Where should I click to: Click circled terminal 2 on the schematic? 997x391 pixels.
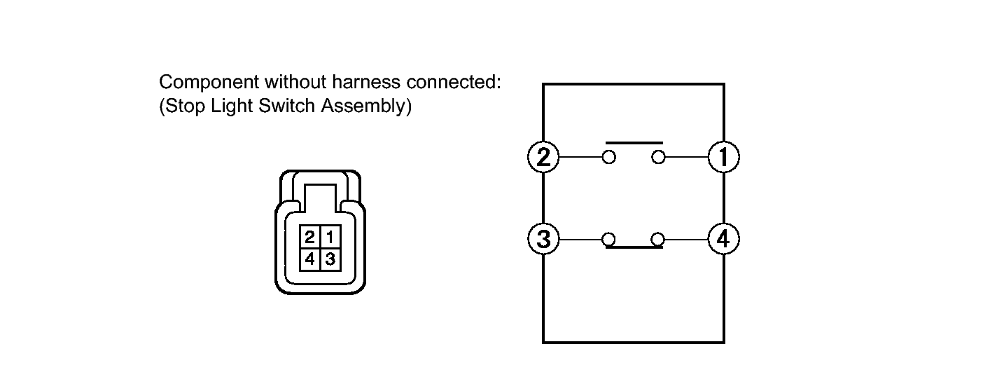click(x=543, y=157)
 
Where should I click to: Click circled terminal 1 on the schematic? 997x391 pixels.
click(x=724, y=157)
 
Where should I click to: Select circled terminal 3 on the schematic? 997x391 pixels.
click(x=543, y=239)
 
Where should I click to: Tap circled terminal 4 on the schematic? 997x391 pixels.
click(x=724, y=239)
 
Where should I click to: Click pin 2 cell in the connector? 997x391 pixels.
click(x=309, y=237)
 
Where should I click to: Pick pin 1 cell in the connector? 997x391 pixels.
click(x=330, y=237)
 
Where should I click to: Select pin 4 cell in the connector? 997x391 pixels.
click(x=309, y=259)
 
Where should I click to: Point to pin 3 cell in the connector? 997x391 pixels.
click(x=330, y=259)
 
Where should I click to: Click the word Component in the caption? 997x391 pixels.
click(x=209, y=83)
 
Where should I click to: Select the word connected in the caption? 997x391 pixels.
click(x=454, y=82)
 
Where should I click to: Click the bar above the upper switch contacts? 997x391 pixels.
click(x=634, y=143)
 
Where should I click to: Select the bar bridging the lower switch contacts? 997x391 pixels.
click(x=634, y=247)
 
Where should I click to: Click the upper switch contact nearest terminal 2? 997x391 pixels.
click(x=609, y=157)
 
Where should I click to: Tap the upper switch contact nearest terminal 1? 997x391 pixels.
click(x=658, y=157)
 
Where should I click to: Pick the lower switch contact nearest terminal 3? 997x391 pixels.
click(x=609, y=240)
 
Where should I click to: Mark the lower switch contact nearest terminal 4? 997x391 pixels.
click(x=658, y=240)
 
